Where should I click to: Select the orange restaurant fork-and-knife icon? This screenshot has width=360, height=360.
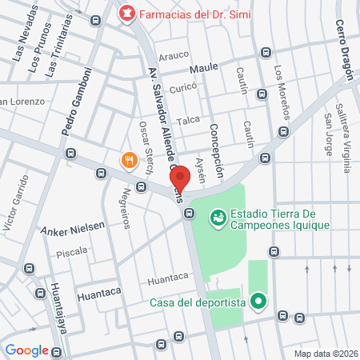click(x=129, y=160)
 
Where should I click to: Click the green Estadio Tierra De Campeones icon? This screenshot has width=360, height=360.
click(x=218, y=218)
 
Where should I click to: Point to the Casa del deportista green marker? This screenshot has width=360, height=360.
click(x=258, y=302)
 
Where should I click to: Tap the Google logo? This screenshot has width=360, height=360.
click(x=26, y=350)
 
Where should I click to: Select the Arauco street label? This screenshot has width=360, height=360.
click(x=173, y=55)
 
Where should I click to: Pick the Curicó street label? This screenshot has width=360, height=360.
click(x=183, y=88)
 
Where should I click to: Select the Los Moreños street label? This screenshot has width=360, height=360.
click(x=280, y=90)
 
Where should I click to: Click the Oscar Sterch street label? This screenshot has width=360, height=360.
click(x=146, y=146)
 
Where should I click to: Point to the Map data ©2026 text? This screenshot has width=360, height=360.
click(x=326, y=353)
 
